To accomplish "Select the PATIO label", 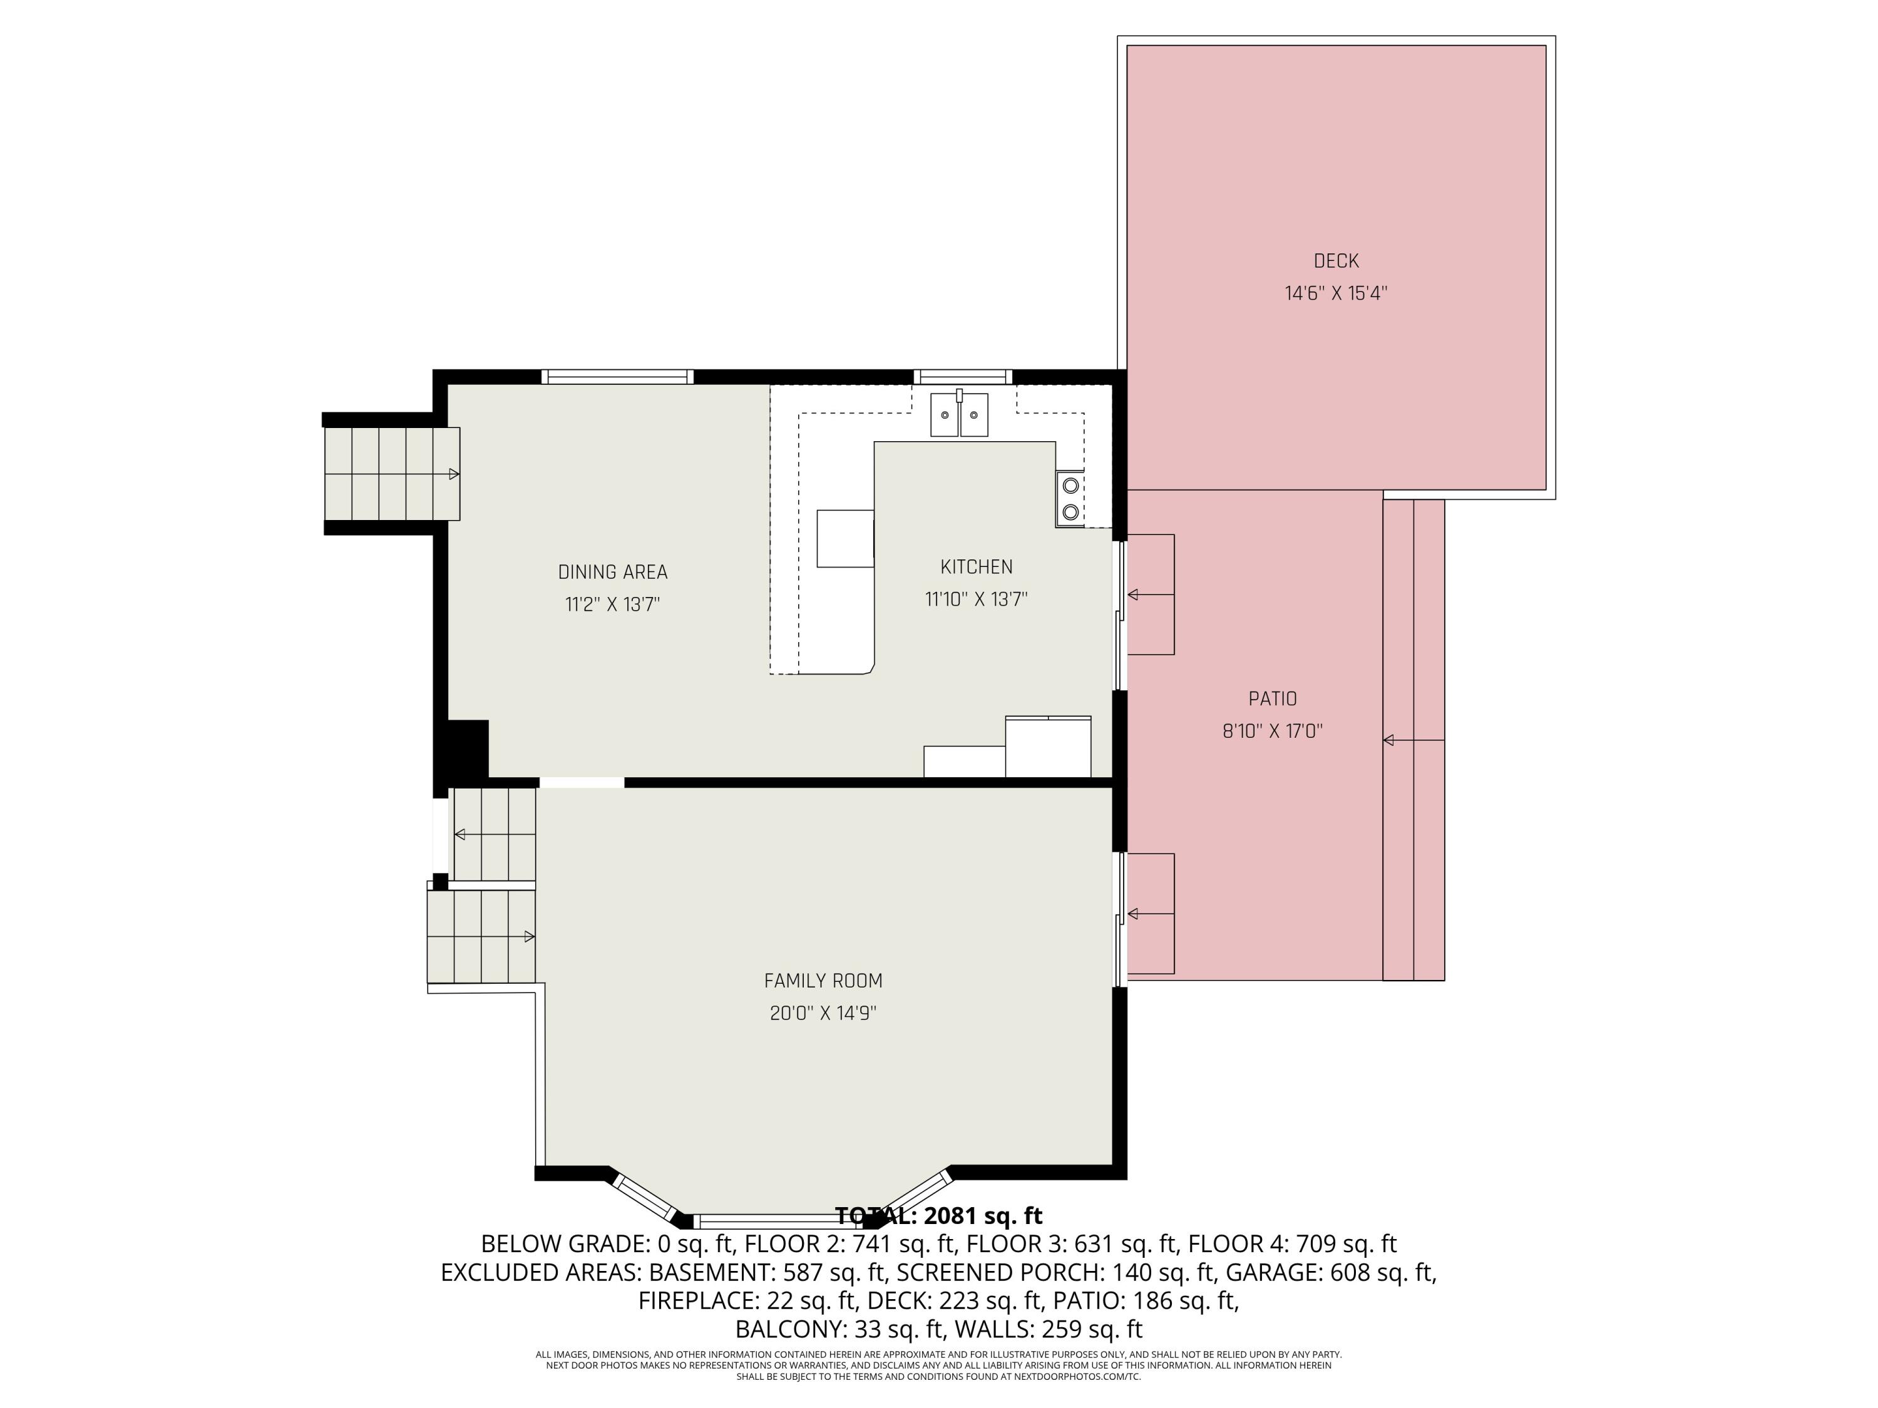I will (x=1272, y=698).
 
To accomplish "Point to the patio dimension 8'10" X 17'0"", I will (x=1272, y=731).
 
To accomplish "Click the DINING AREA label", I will (x=612, y=572).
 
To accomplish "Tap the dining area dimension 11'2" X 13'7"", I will (x=612, y=605).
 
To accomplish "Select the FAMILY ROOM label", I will (x=823, y=981).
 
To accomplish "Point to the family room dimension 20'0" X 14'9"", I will (x=823, y=1013).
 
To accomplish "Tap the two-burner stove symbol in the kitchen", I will (x=1070, y=498).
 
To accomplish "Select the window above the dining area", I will (x=617, y=377).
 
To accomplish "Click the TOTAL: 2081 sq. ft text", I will (x=938, y=1216).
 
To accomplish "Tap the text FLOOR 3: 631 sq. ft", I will (x=1072, y=1244).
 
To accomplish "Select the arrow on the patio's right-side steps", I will (x=1389, y=740).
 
